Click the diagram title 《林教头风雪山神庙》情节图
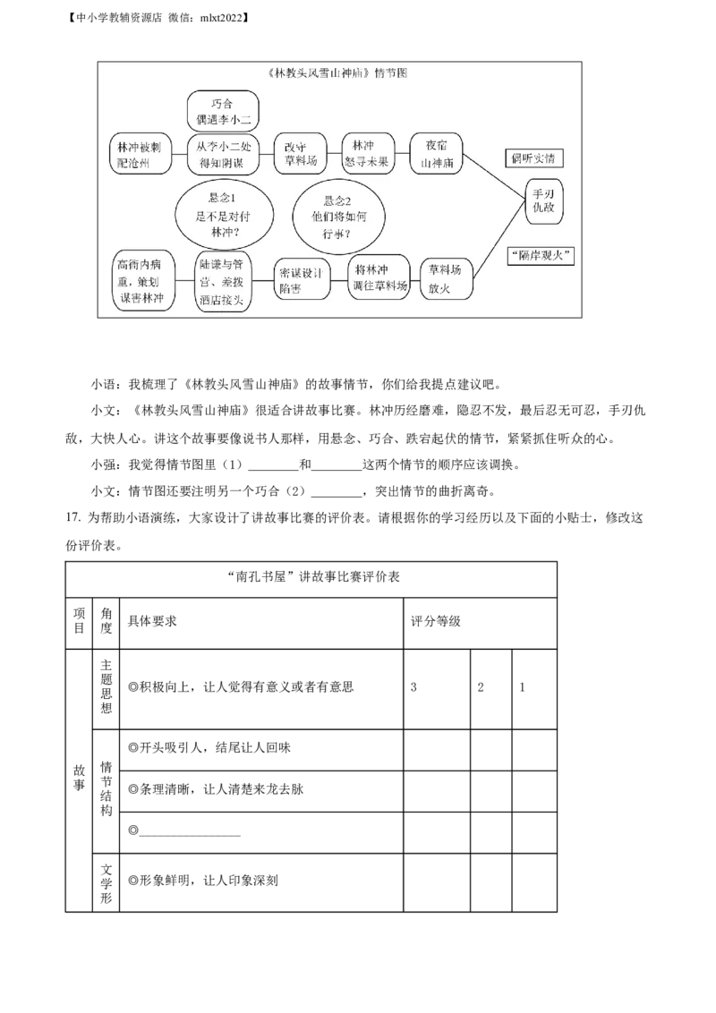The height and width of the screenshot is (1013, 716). [337, 72]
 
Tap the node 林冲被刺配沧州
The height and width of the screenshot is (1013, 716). [139, 154]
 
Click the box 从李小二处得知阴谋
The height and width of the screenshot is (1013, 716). [222, 154]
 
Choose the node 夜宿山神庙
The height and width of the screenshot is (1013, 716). [435, 154]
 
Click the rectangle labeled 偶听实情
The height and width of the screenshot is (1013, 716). [533, 157]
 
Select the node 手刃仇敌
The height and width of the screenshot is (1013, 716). [544, 200]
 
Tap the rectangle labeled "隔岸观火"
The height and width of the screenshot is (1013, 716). [541, 255]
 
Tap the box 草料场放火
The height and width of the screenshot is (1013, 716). [447, 277]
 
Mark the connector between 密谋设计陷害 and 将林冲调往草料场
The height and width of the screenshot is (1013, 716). [339, 280]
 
